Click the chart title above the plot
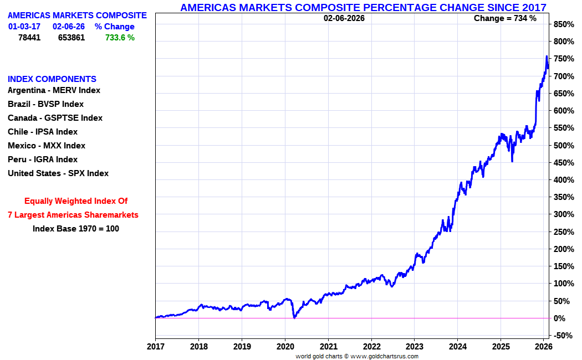tap(363, 7)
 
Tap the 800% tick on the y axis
tap(563, 42)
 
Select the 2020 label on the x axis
tap(285, 347)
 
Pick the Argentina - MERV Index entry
tap(54, 90)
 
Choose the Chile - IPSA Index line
tap(43, 132)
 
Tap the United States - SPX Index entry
tap(58, 173)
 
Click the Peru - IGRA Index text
tap(43, 160)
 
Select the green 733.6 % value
tap(120, 38)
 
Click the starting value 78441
tap(29, 38)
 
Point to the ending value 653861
tap(72, 38)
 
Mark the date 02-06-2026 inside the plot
tap(344, 18)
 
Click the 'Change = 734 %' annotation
tap(505, 18)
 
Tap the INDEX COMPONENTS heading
tap(52, 79)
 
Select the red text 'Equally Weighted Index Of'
tap(76, 201)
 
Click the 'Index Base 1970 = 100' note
tap(76, 228)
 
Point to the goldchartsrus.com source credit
tap(357, 356)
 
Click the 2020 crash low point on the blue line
tap(294, 317)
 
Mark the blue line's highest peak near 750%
tap(547, 56)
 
